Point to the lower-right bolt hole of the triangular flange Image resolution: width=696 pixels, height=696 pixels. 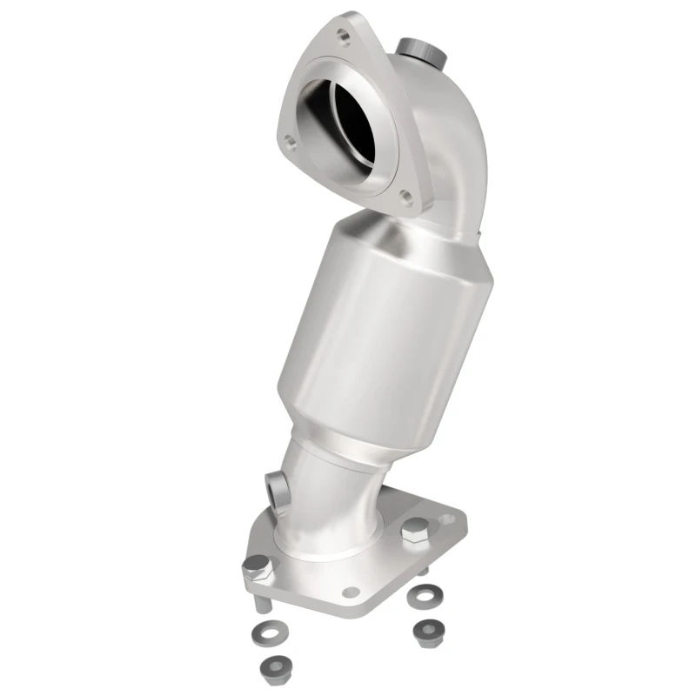click(405, 197)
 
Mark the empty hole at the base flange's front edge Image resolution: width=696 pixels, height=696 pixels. click(351, 592)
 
